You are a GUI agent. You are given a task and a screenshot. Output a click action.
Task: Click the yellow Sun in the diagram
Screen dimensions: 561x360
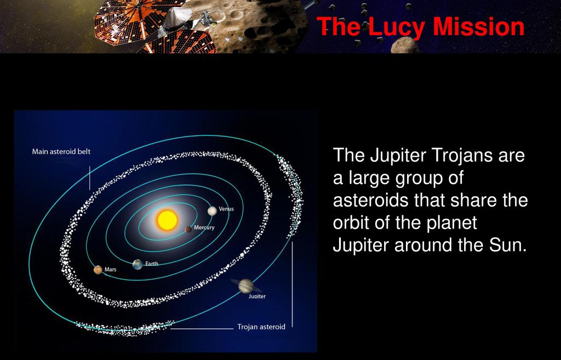coord(167,220)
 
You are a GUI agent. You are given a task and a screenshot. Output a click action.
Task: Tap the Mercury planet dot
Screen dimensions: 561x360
coord(188,230)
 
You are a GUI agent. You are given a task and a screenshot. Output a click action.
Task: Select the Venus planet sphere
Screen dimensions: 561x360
coord(212,211)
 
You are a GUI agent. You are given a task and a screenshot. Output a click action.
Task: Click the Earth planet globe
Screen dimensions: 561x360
coord(138,265)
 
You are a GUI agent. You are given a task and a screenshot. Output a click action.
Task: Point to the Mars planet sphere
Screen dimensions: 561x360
coord(98,270)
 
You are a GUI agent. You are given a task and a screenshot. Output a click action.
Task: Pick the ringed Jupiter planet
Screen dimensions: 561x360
coord(246,285)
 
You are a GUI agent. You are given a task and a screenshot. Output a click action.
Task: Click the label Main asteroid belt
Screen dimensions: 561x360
coord(61,151)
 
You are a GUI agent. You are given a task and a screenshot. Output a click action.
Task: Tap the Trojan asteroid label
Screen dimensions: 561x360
coord(261,327)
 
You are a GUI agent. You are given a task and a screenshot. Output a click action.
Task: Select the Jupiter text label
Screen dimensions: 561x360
coord(257,296)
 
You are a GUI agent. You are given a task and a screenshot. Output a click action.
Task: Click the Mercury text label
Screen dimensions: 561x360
coord(204,227)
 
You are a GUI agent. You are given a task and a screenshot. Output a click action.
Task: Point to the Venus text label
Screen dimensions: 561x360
coord(226,209)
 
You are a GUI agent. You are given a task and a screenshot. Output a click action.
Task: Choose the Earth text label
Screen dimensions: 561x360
coord(152,264)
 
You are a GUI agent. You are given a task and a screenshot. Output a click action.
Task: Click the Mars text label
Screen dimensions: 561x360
coord(111,270)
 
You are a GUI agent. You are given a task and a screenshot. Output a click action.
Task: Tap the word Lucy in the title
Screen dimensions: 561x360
coord(397,27)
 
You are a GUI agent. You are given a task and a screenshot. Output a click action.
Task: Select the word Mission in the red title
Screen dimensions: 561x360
coord(478,27)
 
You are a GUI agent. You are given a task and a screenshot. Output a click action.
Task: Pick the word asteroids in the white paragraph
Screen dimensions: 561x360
coord(371,200)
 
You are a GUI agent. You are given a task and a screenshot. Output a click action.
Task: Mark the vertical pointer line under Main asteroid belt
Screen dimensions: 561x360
coord(89,178)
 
